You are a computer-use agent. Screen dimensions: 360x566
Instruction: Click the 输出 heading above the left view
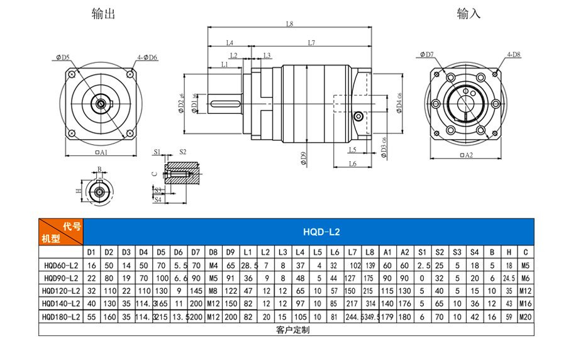pyautogui.click(x=103, y=14)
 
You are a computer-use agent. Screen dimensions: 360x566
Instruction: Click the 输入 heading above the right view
pyautogui.click(x=469, y=14)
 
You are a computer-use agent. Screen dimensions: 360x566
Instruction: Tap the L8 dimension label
pyautogui.click(x=289, y=24)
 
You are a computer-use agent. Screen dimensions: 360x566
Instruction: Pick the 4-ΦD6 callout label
pyautogui.click(x=147, y=57)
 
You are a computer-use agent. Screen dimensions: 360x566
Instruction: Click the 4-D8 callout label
pyautogui.click(x=514, y=55)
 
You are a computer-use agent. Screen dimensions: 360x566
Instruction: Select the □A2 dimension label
pyautogui.click(x=466, y=155)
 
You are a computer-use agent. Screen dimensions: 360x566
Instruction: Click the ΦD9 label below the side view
pyautogui.click(x=303, y=158)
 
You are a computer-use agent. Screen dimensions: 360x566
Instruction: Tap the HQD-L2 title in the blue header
pyautogui.click(x=321, y=232)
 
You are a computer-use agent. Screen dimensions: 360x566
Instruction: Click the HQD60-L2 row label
pyautogui.click(x=61, y=266)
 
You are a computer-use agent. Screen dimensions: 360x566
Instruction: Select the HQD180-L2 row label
pyautogui.click(x=60, y=317)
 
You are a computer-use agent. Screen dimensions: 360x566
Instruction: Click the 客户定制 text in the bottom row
pyautogui.click(x=292, y=330)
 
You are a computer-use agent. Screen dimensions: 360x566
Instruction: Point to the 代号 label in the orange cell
pyautogui.click(x=72, y=226)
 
